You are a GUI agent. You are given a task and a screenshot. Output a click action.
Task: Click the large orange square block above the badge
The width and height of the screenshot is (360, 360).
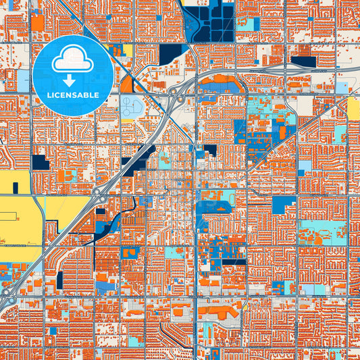(38, 22)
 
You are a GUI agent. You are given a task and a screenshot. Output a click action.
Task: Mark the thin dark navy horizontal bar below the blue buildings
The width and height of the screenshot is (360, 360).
(233, 262)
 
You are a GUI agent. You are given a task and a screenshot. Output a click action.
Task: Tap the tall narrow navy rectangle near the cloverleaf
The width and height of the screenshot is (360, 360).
(59, 280)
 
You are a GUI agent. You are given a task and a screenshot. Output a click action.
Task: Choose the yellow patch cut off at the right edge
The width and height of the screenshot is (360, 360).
(354, 108)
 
